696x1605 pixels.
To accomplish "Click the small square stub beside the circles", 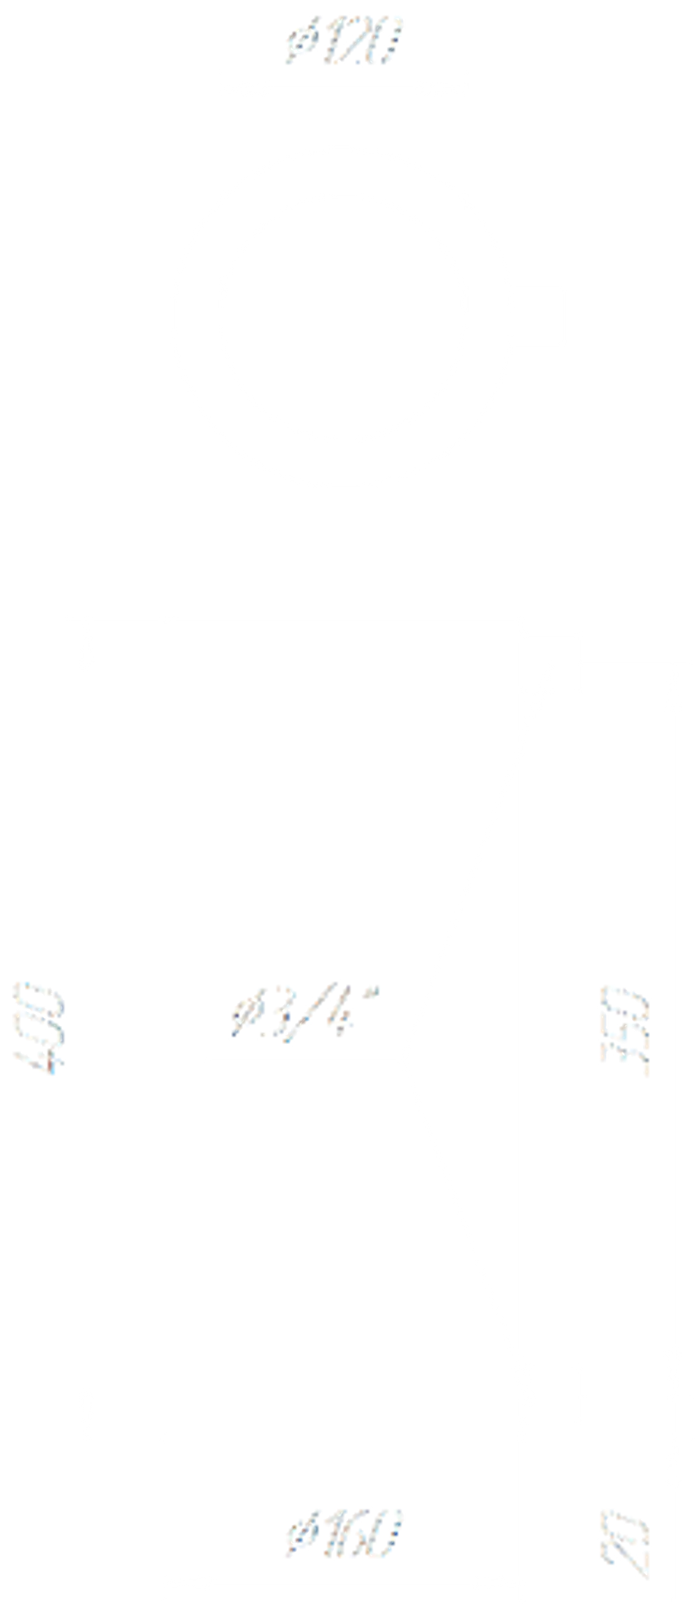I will pyautogui.click(x=540, y=316).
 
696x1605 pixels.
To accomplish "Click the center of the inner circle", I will pyautogui.click(x=343, y=317).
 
